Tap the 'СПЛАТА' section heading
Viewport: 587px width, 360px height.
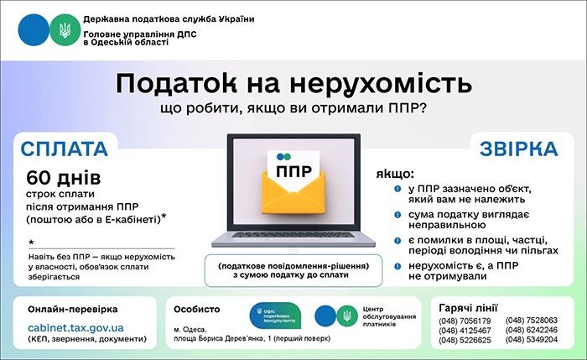pos(65,149)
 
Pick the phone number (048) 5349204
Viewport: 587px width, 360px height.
pos(532,340)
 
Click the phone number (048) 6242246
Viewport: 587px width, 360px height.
pos(532,330)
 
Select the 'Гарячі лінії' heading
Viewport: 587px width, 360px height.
pos(470,305)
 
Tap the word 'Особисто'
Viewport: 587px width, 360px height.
pos(198,309)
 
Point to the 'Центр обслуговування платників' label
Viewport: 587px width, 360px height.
pos(387,316)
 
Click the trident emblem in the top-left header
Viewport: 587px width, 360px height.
pos(63,31)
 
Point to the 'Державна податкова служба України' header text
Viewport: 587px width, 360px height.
pos(157,18)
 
